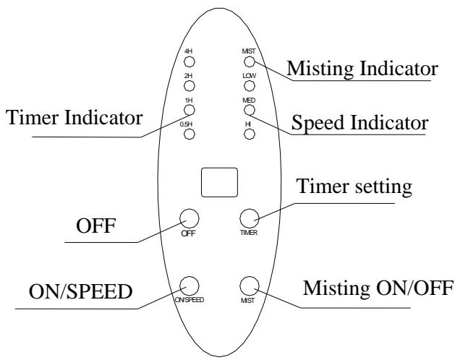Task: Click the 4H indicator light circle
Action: click(190, 61)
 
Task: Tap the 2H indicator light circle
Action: click(190, 86)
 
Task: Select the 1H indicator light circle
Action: click(190, 110)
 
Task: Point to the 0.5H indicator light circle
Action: click(190, 134)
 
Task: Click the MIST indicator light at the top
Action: click(250, 61)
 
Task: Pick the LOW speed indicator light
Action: click(250, 86)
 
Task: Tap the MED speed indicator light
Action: click(250, 110)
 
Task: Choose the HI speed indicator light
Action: click(250, 134)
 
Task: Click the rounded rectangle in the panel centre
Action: click(220, 182)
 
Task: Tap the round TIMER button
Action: click(250, 218)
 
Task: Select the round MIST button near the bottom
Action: click(250, 286)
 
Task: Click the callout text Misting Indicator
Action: click(362, 69)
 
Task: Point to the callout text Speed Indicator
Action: click(360, 123)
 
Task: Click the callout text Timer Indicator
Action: click(74, 118)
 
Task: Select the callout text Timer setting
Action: click(354, 187)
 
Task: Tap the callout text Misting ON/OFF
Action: click(378, 288)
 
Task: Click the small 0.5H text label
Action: click(186, 124)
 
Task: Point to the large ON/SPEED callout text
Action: click(81, 291)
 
